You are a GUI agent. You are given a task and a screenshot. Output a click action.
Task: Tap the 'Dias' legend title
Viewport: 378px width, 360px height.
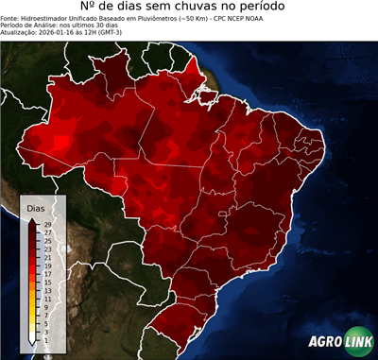click(x=36, y=207)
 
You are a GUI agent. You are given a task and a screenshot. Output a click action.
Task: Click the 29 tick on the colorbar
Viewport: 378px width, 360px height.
click(x=47, y=225)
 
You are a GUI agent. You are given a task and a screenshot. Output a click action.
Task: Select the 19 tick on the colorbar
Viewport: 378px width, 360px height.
click(x=47, y=266)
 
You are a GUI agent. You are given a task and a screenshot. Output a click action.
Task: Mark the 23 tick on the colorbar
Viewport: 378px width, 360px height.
click(x=47, y=249)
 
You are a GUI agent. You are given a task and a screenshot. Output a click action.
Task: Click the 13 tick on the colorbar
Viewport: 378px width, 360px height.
click(x=47, y=290)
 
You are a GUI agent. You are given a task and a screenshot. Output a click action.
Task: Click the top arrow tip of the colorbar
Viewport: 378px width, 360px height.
click(x=32, y=219)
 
